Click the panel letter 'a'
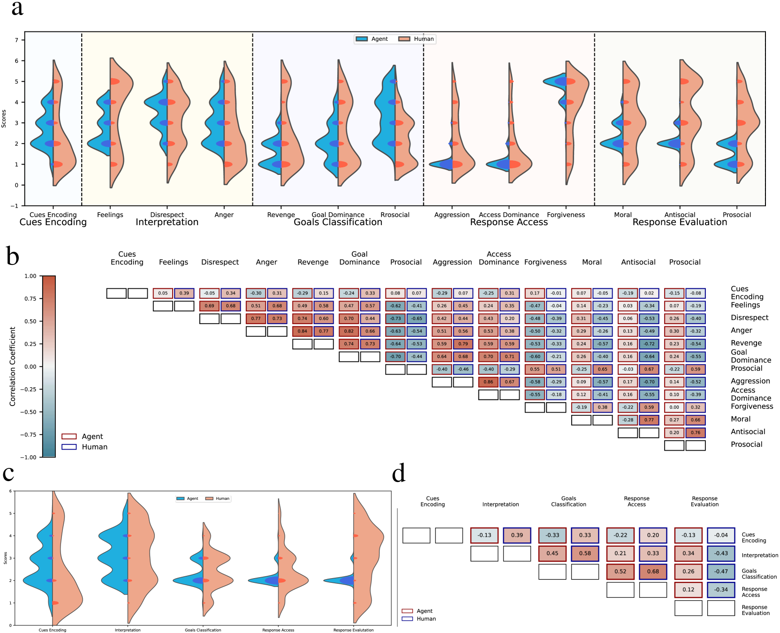tap(17, 8)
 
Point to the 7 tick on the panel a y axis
tap(16, 40)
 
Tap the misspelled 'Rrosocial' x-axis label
tap(395, 215)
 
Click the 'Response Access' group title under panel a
tap(509, 222)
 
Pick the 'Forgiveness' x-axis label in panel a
tap(566, 215)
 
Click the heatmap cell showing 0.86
tap(488, 382)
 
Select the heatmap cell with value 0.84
tap(303, 331)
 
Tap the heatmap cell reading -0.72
tap(649, 344)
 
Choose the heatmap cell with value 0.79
tap(463, 344)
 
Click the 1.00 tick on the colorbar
tap(30, 276)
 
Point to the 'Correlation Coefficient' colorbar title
tap(13, 366)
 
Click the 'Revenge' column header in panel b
tap(313, 262)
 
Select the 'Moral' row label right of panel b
tap(741, 419)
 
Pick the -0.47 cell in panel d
tap(721, 572)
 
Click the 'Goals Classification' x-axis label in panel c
tap(203, 630)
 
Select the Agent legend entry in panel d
tap(417, 611)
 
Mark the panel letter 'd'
tap(399, 474)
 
